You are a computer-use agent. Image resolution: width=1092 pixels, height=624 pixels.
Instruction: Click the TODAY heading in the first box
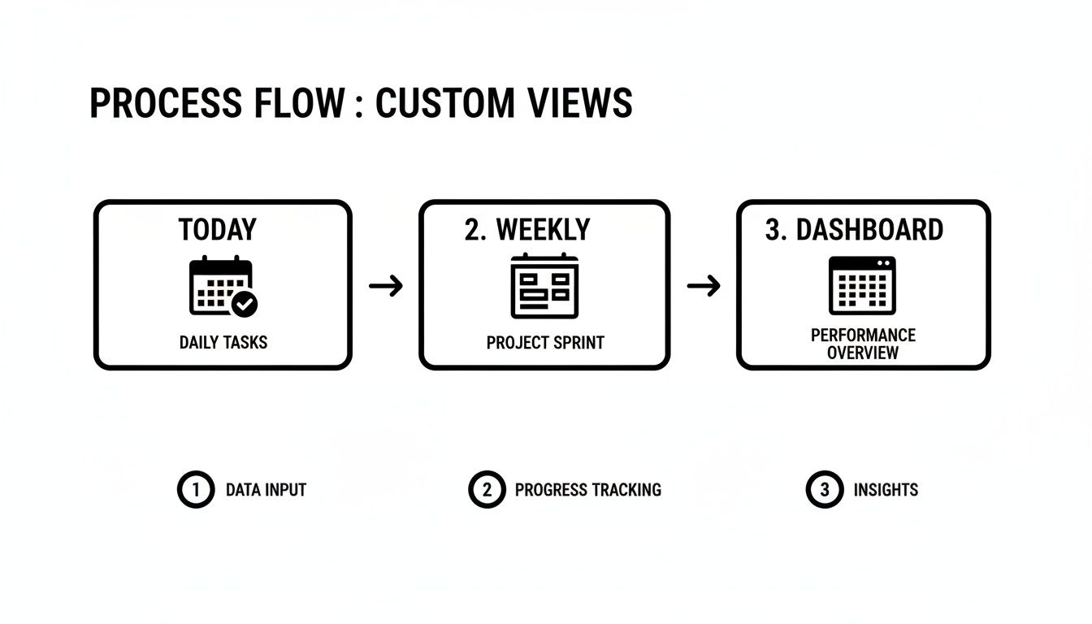(x=217, y=230)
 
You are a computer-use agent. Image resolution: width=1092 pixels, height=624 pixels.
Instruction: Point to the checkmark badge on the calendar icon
(x=244, y=305)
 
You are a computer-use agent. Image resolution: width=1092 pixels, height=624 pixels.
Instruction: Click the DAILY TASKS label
(x=223, y=342)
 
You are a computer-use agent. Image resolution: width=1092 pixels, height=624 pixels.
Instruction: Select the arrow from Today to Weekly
(x=386, y=286)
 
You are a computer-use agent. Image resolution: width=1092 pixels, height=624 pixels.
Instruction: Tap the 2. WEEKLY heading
(x=527, y=230)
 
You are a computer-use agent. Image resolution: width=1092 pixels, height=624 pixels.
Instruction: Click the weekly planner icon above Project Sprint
(x=544, y=286)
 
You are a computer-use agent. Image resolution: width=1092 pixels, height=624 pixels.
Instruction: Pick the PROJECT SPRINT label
(x=545, y=343)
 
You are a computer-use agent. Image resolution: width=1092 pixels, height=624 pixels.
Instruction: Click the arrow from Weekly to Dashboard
(x=704, y=286)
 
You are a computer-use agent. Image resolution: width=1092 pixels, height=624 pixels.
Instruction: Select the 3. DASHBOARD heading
(x=854, y=230)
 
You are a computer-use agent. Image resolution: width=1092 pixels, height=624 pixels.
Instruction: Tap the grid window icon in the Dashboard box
(x=862, y=285)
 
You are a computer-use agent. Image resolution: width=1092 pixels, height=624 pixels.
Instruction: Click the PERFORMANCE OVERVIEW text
(x=863, y=344)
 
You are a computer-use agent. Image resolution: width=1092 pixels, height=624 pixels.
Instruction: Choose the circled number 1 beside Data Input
(x=195, y=490)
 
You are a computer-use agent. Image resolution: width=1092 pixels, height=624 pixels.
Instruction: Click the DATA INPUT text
(x=266, y=490)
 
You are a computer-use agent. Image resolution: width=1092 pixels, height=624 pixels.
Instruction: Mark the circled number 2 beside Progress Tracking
(x=487, y=490)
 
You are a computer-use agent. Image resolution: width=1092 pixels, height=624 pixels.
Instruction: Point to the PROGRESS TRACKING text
(x=588, y=490)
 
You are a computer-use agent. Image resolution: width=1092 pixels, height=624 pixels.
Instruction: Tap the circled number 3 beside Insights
(x=825, y=490)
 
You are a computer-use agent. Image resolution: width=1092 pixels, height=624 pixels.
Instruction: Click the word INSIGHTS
(x=886, y=490)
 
